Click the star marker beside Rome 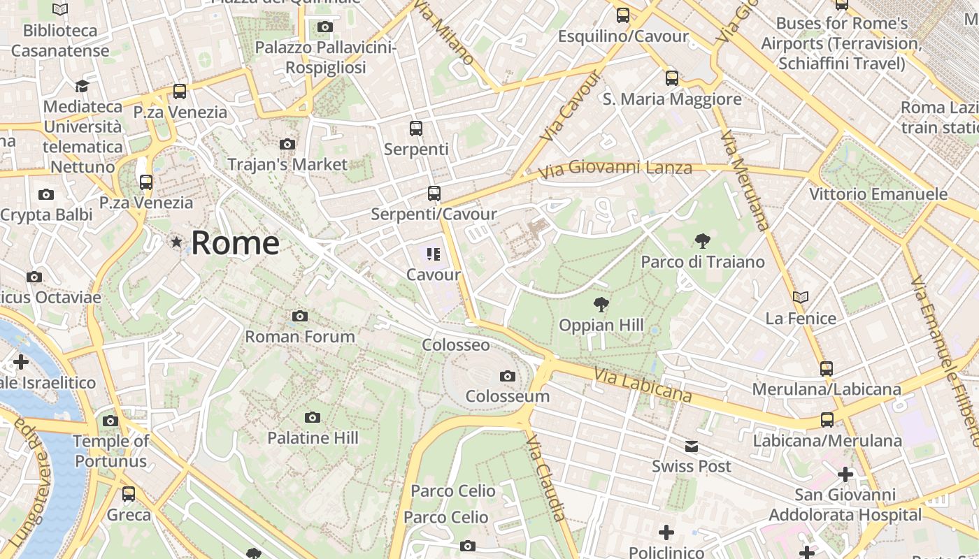point(176,242)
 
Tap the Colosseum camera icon point(508,377)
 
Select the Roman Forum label point(300,336)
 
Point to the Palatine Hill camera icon point(313,418)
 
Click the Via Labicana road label point(643,386)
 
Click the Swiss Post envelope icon point(692,447)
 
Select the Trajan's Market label point(287,164)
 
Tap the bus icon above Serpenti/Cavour point(434,194)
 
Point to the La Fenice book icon point(801,298)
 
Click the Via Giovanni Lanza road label point(615,168)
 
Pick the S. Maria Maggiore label point(672,99)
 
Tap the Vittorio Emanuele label point(878,194)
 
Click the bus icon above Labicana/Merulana point(827,420)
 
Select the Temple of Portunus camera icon point(110,421)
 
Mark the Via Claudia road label point(545,478)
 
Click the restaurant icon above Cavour point(434,254)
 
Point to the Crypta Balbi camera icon point(46,194)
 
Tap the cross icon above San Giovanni point(845,475)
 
